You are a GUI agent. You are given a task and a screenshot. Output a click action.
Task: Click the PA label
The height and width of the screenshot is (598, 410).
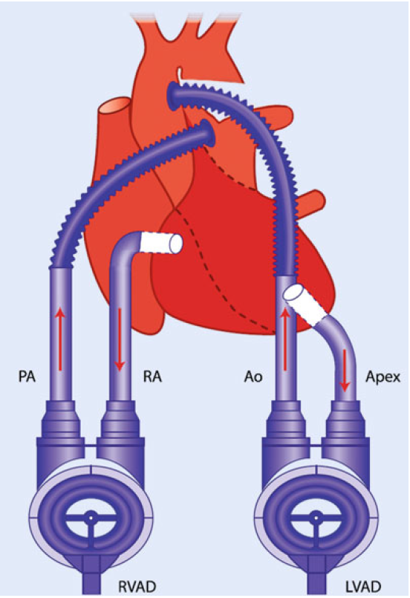pos(27,377)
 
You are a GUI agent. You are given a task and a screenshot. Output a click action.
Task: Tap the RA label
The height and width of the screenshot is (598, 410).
pos(152,377)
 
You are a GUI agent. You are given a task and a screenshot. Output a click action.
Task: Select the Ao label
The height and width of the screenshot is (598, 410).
pos(253,377)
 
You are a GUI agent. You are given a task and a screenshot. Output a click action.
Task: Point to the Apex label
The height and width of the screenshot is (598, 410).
pos(383,377)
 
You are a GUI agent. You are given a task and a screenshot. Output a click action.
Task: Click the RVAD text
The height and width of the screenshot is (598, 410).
pos(137,587)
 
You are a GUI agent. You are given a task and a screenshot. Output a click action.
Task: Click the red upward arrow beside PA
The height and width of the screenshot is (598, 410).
pos(60,339)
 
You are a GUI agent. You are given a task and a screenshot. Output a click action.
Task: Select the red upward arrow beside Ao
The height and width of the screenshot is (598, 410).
pos(284,339)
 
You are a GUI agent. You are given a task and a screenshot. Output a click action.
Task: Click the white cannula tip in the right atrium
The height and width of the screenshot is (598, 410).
pos(162,243)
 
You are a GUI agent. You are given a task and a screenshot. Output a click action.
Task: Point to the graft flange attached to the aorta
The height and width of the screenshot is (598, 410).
pos(174,95)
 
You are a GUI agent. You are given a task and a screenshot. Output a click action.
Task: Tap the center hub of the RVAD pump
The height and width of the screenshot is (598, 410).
pos(91,519)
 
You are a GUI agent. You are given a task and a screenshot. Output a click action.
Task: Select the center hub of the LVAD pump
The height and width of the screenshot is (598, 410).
pos(316,519)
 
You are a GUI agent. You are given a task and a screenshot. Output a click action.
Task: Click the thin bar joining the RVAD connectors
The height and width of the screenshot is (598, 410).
pos(91,446)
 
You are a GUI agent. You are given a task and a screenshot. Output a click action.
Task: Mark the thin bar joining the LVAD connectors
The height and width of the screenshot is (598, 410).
pos(315,446)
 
